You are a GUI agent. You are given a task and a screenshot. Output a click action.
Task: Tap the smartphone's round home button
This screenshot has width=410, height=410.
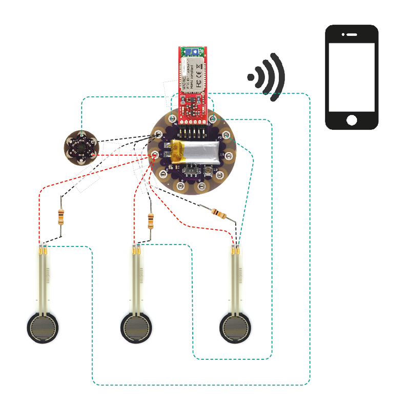(x=352, y=120)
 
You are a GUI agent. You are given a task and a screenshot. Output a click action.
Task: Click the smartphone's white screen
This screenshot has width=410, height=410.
(x=352, y=77)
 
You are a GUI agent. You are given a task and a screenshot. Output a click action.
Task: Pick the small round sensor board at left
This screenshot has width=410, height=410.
(x=80, y=147)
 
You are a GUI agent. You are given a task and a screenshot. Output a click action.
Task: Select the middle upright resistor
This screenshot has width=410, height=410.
(x=151, y=221)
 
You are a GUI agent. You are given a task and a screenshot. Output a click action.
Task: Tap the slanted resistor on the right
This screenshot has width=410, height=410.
(x=218, y=212)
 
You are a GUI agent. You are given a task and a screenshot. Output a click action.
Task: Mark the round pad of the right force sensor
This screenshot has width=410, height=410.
(x=236, y=327)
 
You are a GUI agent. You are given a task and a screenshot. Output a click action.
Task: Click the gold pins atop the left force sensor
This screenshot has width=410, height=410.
(x=43, y=251)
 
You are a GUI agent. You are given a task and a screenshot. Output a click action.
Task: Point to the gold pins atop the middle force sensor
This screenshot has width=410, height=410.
(x=136, y=251)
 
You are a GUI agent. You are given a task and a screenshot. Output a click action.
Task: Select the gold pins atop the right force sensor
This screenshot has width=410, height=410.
(x=236, y=251)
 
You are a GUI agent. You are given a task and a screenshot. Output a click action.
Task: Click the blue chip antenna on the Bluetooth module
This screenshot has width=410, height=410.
(x=193, y=52)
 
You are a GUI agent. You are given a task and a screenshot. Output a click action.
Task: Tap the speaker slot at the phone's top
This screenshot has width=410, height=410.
(x=352, y=35)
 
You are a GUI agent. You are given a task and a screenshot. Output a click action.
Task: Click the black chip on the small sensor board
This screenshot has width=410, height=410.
(x=81, y=147)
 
